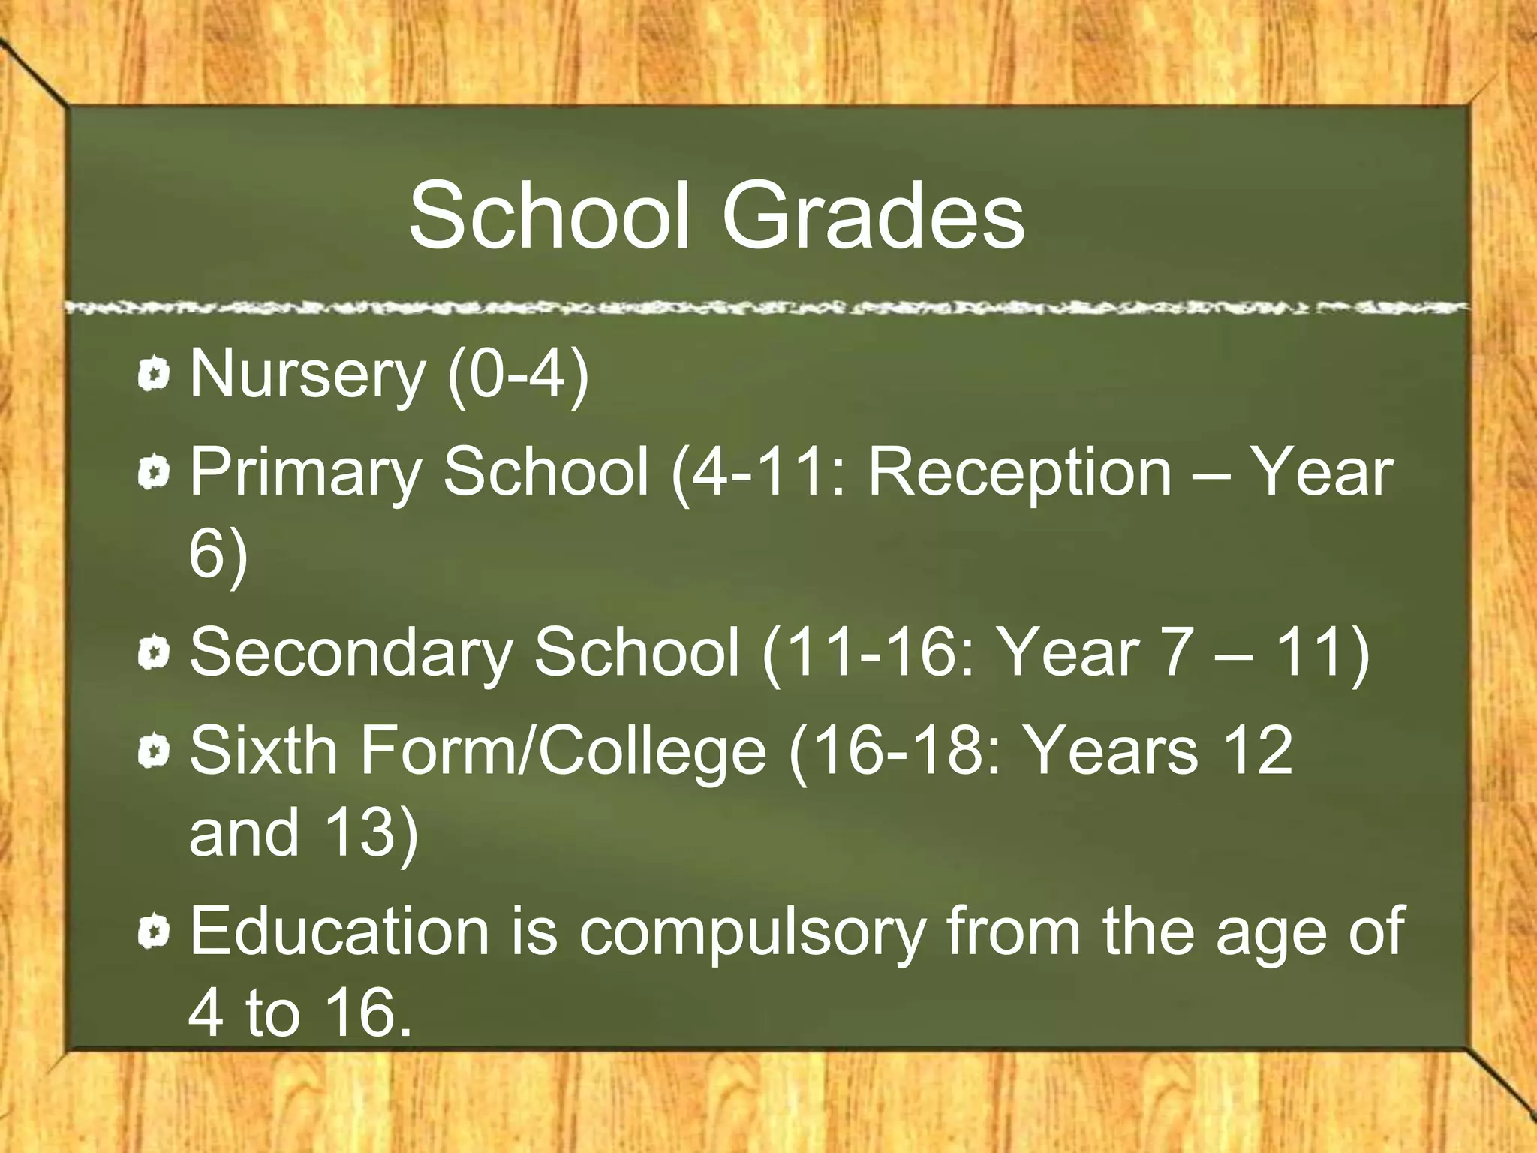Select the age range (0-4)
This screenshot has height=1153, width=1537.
tap(518, 375)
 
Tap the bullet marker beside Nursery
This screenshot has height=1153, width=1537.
tap(155, 375)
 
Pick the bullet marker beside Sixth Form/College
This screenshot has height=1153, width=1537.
tap(155, 751)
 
